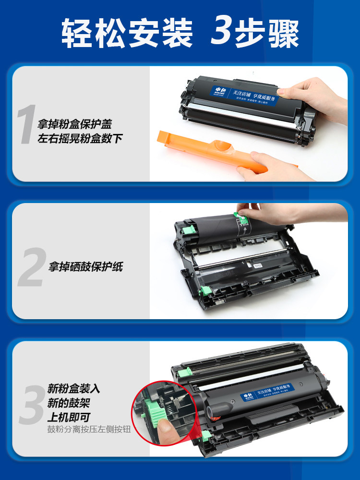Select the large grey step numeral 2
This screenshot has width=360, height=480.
(31, 267)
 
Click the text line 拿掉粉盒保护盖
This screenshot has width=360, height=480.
(74, 124)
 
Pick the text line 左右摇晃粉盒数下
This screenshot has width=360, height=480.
(80, 139)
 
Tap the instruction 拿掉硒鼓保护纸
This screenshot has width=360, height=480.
(85, 267)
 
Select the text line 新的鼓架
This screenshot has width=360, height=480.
(68, 403)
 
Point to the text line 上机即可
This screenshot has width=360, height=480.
(68, 417)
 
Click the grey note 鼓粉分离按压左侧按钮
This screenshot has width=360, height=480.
(88, 430)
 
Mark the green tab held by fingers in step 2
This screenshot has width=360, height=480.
(243, 215)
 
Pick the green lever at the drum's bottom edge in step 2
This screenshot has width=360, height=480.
(205, 290)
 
